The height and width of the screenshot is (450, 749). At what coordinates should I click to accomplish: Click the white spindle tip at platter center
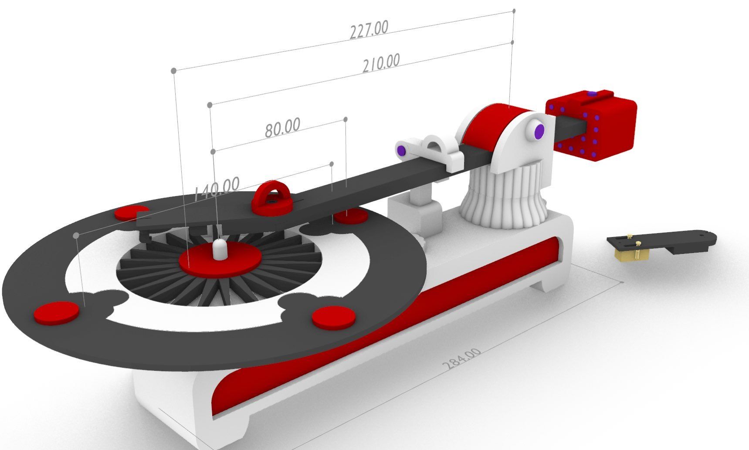pos(220,248)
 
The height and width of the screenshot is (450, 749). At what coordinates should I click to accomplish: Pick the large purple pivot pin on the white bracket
pos(539,130)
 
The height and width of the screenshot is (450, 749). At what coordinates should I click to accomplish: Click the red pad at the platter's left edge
pos(57,312)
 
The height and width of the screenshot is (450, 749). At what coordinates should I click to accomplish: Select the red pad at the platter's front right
pos(333,316)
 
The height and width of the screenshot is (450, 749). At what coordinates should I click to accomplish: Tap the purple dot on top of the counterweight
pos(591,94)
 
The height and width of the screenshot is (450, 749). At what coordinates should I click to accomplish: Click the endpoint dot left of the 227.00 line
pos(173,70)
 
